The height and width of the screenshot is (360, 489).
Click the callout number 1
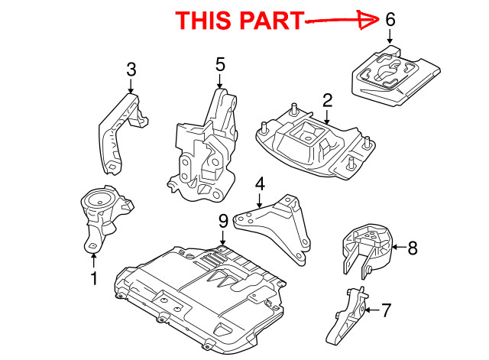coord(94,280)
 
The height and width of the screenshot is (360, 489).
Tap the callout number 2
coord(327,100)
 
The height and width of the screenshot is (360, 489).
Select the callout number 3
coord(131,70)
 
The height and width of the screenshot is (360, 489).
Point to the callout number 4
coord(260,183)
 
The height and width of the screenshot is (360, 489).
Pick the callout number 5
coord(220,65)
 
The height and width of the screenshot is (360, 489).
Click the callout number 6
coord(390,19)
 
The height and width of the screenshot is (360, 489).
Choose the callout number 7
coord(387,310)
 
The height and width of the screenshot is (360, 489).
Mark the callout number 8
coord(413,247)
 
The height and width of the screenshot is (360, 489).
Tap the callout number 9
coord(223,222)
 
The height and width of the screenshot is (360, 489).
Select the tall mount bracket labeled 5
coord(202,145)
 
